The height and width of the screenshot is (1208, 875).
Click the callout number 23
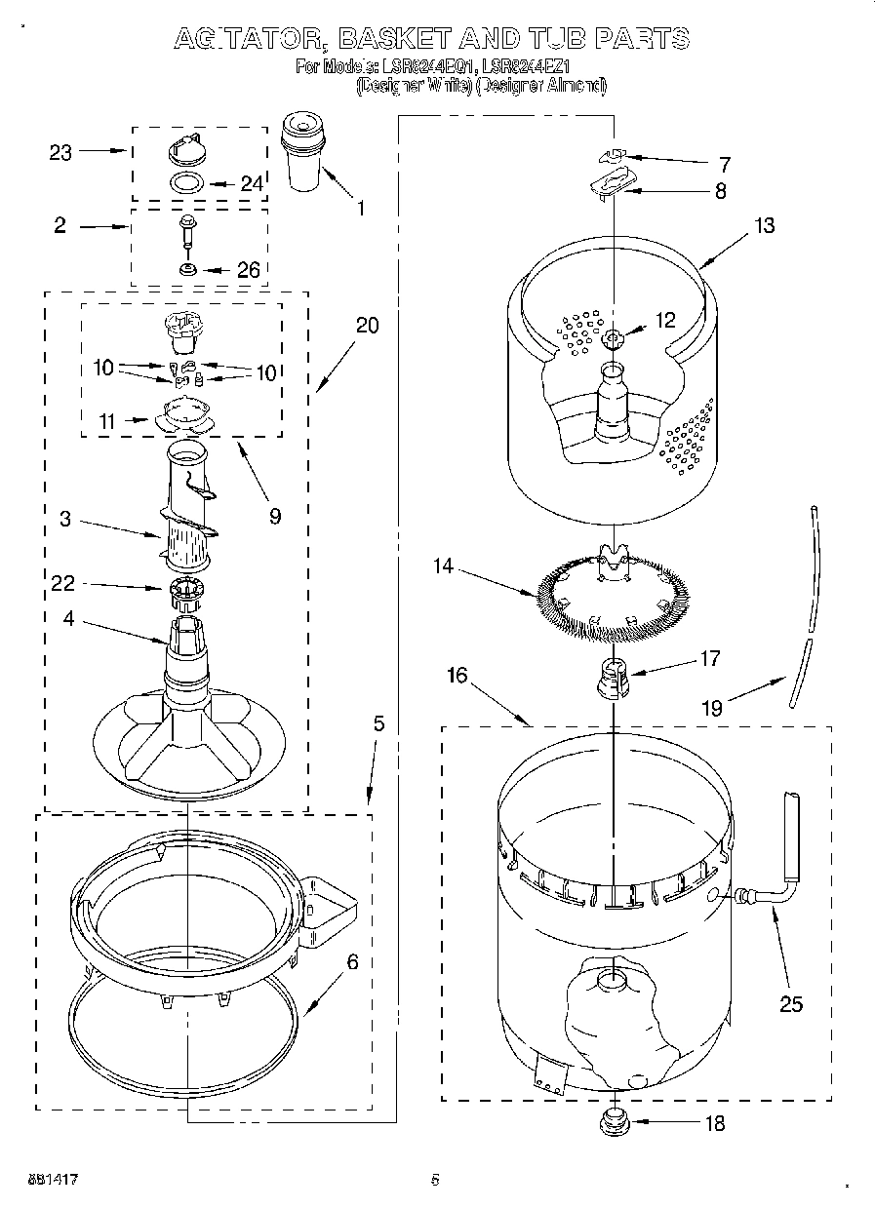tap(60, 152)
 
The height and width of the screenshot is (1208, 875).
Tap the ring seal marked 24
tap(187, 182)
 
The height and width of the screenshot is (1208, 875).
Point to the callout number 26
tap(249, 270)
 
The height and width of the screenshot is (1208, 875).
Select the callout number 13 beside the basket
tap(764, 225)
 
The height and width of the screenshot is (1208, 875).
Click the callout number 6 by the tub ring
tap(351, 962)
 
